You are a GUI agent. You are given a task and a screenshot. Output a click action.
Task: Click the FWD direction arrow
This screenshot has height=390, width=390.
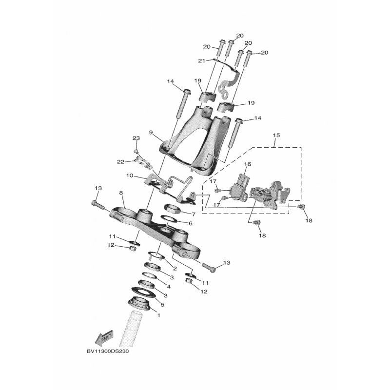[x=104, y=338]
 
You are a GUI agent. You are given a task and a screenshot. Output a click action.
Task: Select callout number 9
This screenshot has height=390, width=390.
[x=151, y=133]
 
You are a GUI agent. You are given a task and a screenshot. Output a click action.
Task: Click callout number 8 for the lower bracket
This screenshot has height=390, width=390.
[x=121, y=193]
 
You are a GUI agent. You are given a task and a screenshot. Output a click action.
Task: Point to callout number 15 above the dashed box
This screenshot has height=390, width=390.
[x=276, y=136]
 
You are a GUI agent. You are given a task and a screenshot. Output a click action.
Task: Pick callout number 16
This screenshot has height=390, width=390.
[x=248, y=164]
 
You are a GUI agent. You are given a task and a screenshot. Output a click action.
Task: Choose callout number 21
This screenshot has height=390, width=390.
[x=202, y=60]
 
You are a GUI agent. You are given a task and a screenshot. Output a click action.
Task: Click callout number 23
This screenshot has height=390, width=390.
[x=136, y=138]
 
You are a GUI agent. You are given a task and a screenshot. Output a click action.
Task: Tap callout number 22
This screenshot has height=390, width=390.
[x=121, y=162]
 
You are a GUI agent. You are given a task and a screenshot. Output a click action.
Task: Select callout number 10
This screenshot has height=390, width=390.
[x=130, y=175]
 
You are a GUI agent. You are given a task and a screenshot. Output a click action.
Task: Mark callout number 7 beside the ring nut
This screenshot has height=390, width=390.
[x=194, y=214]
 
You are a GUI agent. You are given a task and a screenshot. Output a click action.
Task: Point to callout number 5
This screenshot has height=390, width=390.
[x=162, y=304]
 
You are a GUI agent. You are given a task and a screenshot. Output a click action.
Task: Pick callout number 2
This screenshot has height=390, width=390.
[x=175, y=269]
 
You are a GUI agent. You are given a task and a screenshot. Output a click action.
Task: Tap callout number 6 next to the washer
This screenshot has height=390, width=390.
[x=191, y=223]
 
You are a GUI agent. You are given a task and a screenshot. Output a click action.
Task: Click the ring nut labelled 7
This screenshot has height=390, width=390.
[x=172, y=208]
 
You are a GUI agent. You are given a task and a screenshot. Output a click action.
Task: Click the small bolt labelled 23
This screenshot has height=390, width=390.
[x=136, y=151]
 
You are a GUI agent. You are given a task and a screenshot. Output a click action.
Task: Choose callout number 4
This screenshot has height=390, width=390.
[x=169, y=287]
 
